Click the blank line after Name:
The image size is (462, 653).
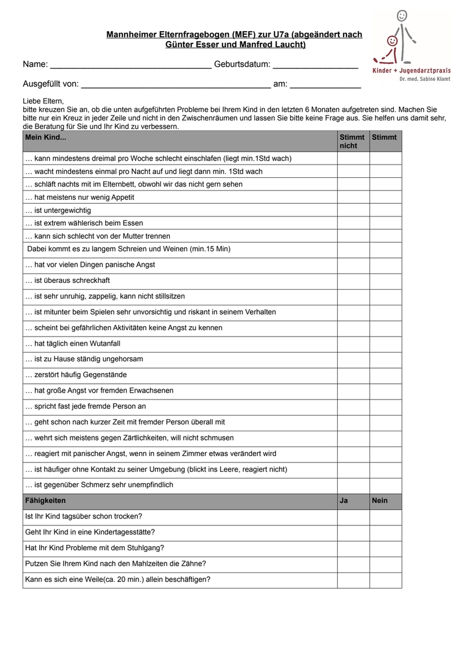pos(131,65)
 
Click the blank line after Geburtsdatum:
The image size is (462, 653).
pos(315,65)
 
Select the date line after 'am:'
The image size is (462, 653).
pos(325,84)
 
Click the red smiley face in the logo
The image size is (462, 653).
pos(393,42)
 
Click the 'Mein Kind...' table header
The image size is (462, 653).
pos(46,138)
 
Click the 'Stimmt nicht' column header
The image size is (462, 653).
pos(353,141)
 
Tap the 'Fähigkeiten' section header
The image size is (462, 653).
pos(46,501)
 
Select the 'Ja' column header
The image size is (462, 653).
pos(344,501)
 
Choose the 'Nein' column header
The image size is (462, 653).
pos(380,501)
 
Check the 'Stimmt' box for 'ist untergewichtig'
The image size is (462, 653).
pos(385,210)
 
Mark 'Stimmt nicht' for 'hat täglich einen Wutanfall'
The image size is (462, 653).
pos(353,343)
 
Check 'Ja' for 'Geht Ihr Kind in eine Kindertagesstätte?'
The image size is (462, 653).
pos(353,532)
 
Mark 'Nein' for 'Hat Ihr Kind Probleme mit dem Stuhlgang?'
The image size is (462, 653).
pos(385,548)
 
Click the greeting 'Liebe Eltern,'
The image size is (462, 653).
pos(43,101)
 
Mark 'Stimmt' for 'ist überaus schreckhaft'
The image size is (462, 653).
pos(385,281)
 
